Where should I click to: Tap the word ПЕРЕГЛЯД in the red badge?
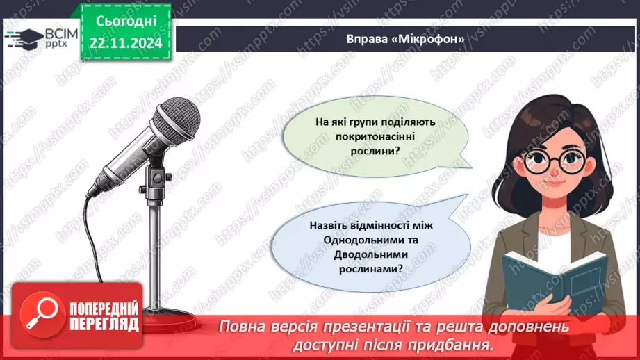(102, 324)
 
